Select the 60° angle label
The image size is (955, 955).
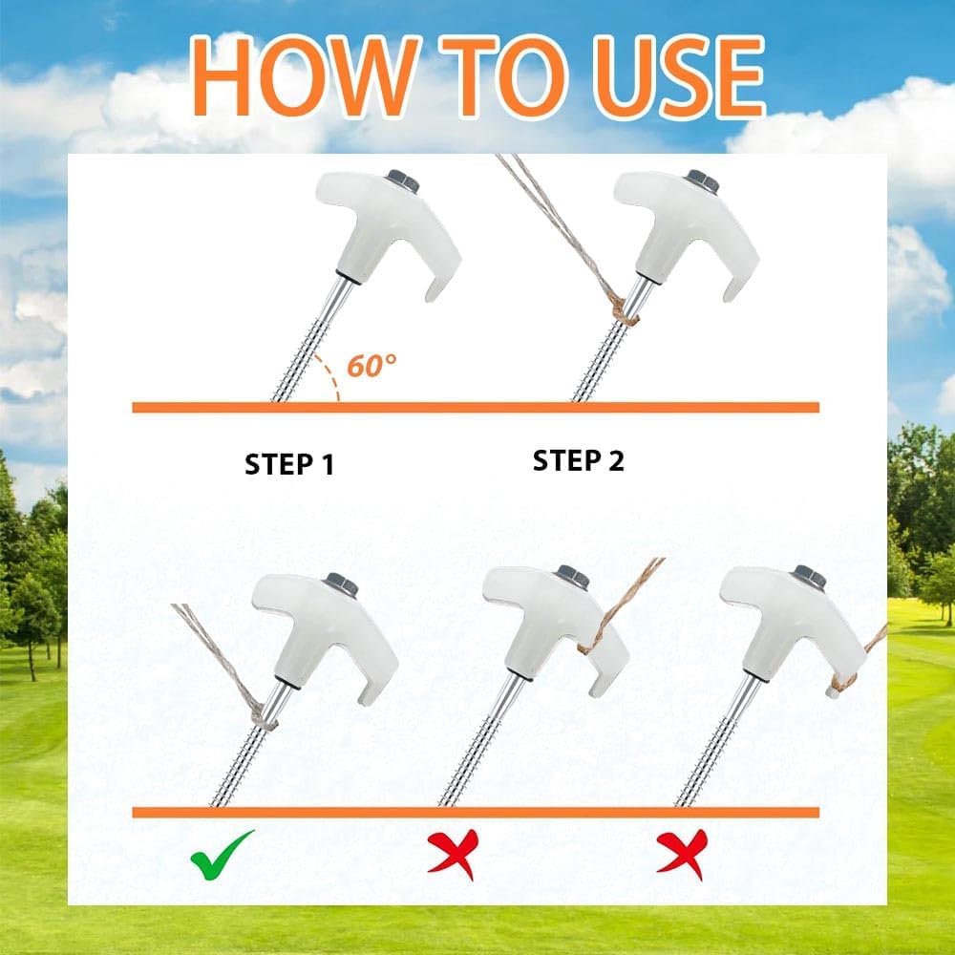coord(371,366)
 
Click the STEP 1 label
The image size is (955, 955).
coord(289,464)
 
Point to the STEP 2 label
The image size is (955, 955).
coord(579,460)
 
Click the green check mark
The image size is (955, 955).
coord(222,855)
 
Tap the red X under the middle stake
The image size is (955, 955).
coord(454,853)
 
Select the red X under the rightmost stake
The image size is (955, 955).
coord(683,854)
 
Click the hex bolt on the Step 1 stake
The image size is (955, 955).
coord(403,180)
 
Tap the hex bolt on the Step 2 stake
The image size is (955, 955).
coord(702,181)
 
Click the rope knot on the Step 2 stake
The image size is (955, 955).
coord(625,310)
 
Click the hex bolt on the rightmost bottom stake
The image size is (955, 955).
coord(810,577)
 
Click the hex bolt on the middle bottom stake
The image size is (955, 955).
coord(572,577)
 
